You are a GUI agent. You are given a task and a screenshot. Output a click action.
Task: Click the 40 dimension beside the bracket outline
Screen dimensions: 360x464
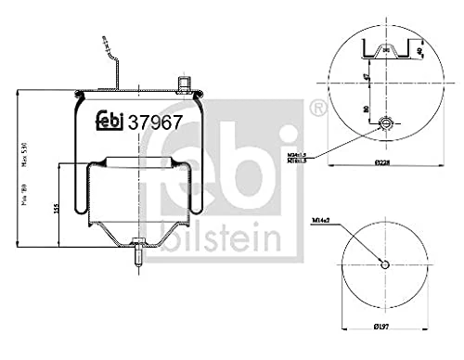(x=420, y=48)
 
